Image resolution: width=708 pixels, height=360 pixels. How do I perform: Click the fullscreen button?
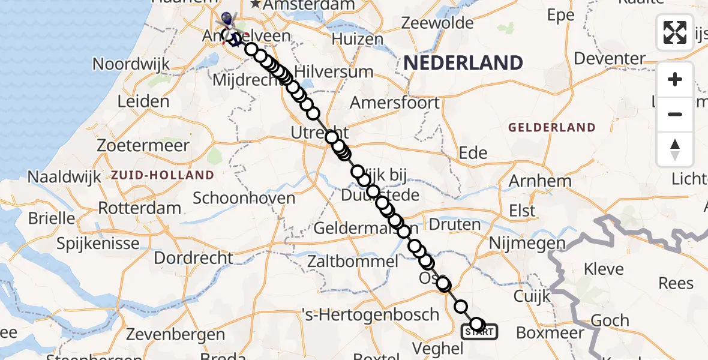coord(675,32)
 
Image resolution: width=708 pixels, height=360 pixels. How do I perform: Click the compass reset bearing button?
coord(675,149)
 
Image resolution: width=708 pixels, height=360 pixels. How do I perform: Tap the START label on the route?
coord(479,332)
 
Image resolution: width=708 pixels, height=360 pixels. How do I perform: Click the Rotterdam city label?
coord(139,209)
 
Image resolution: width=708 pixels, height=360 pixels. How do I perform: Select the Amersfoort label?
coord(394,103)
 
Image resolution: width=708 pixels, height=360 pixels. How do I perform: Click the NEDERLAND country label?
coord(463,63)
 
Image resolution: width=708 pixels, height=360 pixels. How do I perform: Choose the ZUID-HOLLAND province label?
coord(162,176)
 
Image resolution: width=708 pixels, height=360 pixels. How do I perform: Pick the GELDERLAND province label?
coord(552,127)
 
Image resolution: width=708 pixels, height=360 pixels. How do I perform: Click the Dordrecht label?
coord(194,258)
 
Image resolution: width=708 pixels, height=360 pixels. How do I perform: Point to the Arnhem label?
coord(540,181)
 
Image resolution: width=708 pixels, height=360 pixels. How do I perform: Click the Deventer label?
coord(610,59)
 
